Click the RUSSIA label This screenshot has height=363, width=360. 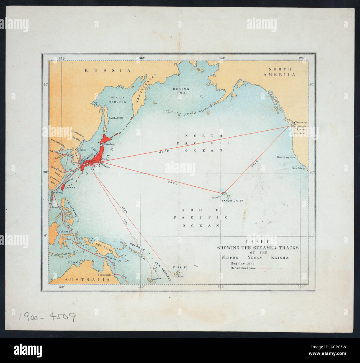[x=107, y=71]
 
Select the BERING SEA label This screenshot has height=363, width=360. [x=181, y=91]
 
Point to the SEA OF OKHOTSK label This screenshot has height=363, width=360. [x=118, y=100]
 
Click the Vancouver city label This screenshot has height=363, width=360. [x=301, y=122]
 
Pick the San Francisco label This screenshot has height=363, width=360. [x=286, y=157]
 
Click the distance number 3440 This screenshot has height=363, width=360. [x=172, y=183]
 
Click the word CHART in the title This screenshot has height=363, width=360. [x=258, y=242]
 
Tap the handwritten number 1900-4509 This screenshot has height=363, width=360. [x=47, y=316]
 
